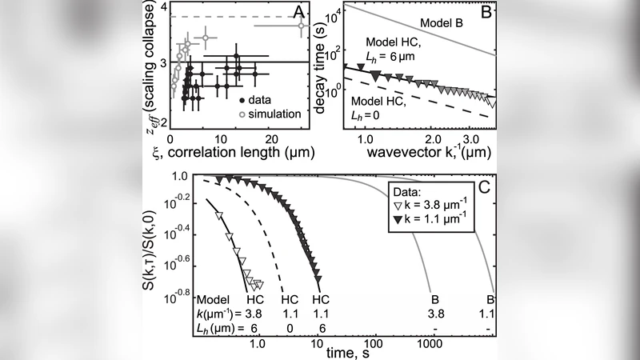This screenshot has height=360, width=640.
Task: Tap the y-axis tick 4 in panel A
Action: [163, 8]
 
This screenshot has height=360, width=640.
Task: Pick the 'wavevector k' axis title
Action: [418, 149]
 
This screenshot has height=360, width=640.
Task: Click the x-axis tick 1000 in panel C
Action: [430, 341]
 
